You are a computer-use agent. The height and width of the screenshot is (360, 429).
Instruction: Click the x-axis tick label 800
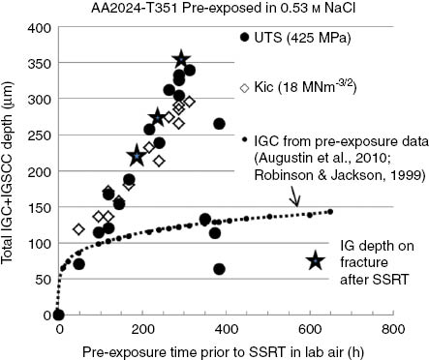point(391,329)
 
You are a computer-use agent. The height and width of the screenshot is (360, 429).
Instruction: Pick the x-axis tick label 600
point(308,329)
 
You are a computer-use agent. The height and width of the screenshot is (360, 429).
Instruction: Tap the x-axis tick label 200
point(141,329)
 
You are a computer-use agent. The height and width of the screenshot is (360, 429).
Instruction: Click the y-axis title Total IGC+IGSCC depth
point(11,169)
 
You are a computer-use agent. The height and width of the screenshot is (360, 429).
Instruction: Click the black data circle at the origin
point(58,315)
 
